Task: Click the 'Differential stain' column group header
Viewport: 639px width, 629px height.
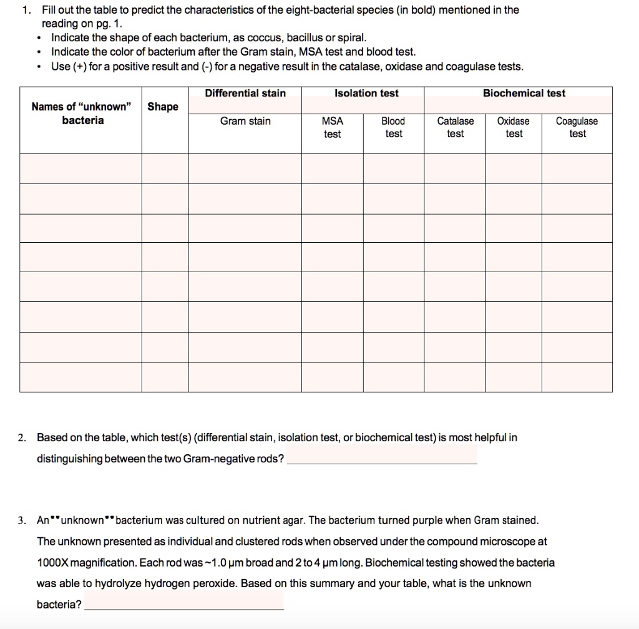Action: coord(245,94)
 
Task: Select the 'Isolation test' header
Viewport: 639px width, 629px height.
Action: coord(366,94)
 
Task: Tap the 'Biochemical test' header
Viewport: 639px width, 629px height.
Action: coord(524,94)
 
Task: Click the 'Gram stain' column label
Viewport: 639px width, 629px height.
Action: coord(245,121)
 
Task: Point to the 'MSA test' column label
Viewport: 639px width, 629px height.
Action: coord(332,127)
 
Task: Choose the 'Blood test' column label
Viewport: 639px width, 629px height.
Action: coord(393,127)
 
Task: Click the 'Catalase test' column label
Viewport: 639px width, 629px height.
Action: coord(455,127)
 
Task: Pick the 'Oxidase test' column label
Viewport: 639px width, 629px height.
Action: coord(514,127)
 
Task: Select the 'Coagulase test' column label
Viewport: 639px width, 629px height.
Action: coord(577,127)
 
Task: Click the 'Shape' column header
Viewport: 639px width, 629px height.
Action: coord(163,107)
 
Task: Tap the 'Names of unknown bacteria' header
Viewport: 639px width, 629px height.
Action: coord(82,114)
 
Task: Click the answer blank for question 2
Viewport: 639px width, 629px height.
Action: coord(381,459)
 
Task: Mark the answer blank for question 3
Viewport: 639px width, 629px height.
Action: coord(183,605)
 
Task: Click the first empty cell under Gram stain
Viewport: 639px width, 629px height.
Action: coord(245,168)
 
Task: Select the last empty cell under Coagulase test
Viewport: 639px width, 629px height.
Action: coord(577,377)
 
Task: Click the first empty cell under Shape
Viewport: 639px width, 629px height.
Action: coord(165,168)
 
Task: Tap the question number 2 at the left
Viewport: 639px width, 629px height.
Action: coord(22,437)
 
